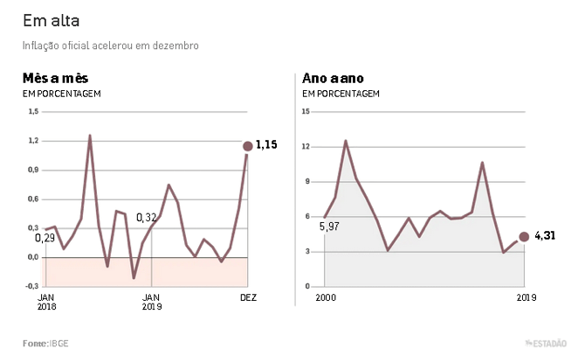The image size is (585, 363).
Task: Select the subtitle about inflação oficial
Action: [x=111, y=45]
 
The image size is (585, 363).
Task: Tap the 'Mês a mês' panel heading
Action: [x=55, y=78]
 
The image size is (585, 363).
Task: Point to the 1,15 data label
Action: [x=266, y=144]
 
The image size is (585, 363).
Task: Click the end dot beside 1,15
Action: [x=248, y=146]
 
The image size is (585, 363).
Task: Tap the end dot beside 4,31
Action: [x=524, y=236]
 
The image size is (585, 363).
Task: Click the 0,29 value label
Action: [x=45, y=237]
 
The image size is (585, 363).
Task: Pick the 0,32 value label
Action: [x=147, y=217]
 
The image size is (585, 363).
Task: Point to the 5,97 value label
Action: [x=329, y=227]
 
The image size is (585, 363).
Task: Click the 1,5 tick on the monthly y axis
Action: [x=34, y=112]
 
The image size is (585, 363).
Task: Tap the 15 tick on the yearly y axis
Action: [x=306, y=112]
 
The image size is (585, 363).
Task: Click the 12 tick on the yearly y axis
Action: [x=306, y=147]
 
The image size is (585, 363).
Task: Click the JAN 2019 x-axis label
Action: [x=153, y=302]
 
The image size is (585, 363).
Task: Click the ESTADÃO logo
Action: [x=547, y=344]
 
